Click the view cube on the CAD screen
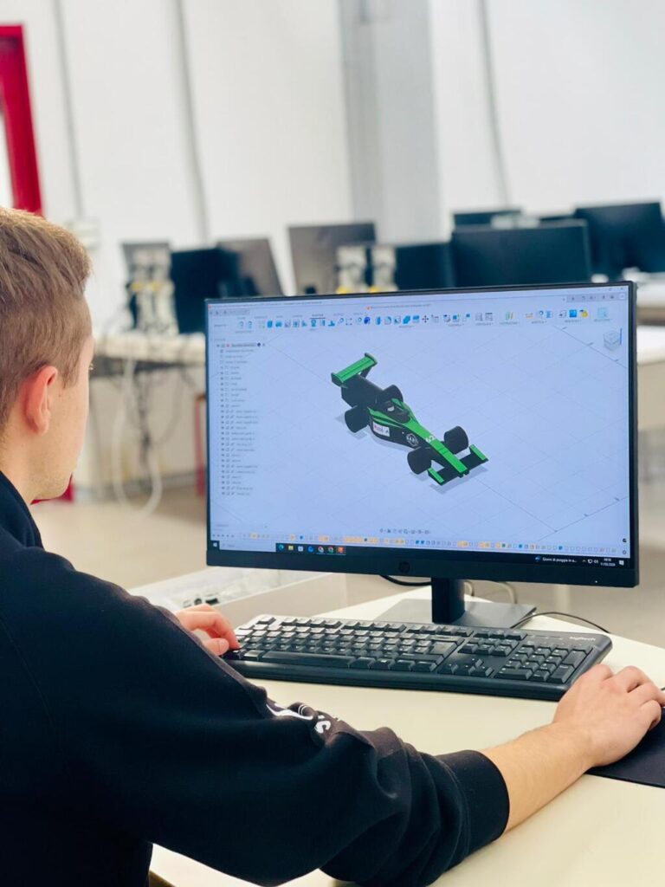pos(612,339)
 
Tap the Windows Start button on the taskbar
pos(279,547)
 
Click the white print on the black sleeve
pos(302,715)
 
